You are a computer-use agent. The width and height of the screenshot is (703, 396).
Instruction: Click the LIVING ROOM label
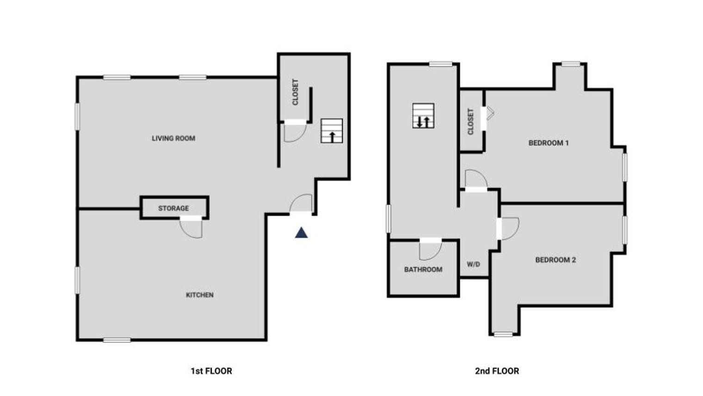pyautogui.click(x=173, y=138)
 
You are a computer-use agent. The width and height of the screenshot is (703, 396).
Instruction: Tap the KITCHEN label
pyautogui.click(x=200, y=295)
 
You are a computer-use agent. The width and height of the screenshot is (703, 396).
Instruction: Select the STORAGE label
pyautogui.click(x=173, y=208)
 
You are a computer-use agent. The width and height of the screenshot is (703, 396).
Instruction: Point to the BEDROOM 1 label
pyautogui.click(x=549, y=143)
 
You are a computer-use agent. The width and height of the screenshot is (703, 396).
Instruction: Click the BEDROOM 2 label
pyautogui.click(x=555, y=260)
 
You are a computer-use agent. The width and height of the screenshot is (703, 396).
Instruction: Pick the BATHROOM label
pyautogui.click(x=423, y=270)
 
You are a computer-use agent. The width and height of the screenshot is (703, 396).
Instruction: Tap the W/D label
pyautogui.click(x=473, y=264)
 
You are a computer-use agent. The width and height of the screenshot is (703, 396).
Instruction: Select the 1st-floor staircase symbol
pyautogui.click(x=332, y=131)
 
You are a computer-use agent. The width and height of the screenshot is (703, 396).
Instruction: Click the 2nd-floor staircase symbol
pyautogui.click(x=423, y=116)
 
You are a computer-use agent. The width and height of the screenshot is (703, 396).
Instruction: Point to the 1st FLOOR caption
pyautogui.click(x=211, y=371)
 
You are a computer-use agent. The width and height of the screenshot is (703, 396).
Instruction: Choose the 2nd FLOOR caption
pyautogui.click(x=497, y=371)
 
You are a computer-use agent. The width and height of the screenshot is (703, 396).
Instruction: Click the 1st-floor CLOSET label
pyautogui.click(x=296, y=92)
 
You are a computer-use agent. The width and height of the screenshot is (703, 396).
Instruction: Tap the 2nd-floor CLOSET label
pyautogui.click(x=470, y=122)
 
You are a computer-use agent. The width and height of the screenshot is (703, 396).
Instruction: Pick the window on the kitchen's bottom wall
pyautogui.click(x=117, y=340)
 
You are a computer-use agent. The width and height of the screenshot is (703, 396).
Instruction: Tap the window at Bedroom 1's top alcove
pyautogui.click(x=571, y=64)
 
